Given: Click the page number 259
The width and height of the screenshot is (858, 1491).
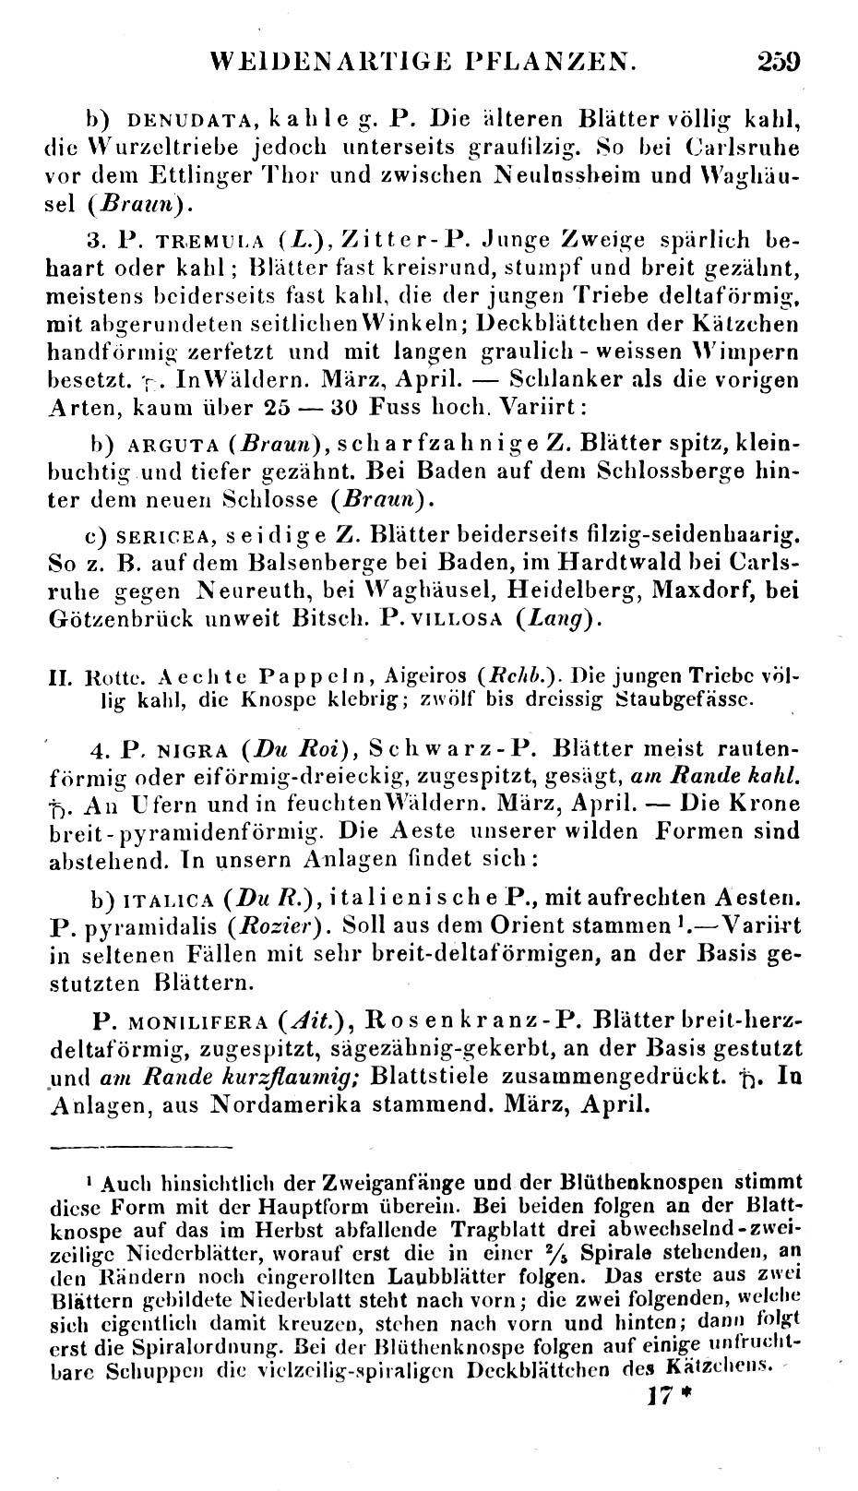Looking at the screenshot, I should click(778, 62).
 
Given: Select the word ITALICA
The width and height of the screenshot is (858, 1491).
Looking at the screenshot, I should click(172, 897).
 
